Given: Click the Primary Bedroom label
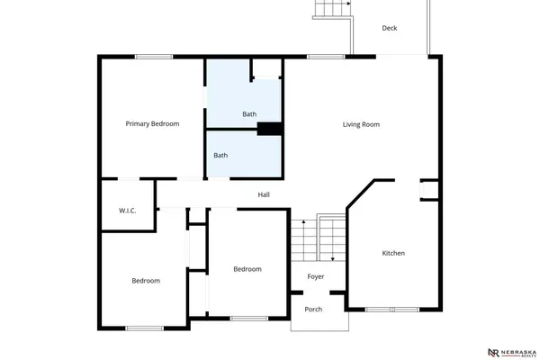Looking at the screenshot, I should click(x=152, y=123).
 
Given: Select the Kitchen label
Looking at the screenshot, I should click(x=393, y=253).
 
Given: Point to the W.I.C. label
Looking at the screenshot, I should click(x=127, y=211).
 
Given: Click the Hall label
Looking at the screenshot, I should click(x=264, y=194).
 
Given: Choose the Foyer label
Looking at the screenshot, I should click(x=315, y=276).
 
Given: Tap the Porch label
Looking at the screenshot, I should click(x=313, y=309).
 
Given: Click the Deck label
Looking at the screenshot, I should click(x=389, y=28).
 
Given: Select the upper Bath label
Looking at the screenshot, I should click(x=249, y=114).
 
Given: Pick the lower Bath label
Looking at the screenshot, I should click(x=220, y=155).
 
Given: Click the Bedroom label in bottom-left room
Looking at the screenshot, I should click(x=146, y=281).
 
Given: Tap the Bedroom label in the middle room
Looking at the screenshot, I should click(x=247, y=269).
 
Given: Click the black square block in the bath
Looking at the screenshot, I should click(x=270, y=129).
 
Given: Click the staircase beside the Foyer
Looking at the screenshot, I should click(x=318, y=238).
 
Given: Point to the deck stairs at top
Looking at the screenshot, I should click(x=331, y=9).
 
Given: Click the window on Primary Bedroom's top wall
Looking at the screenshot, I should click(x=154, y=58).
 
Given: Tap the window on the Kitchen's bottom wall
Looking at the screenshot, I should click(x=392, y=310).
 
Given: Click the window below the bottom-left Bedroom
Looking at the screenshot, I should click(x=144, y=328).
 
